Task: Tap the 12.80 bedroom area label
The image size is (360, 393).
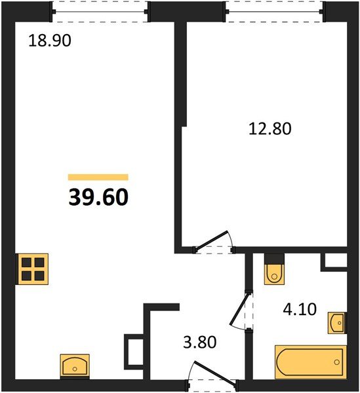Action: [270, 128]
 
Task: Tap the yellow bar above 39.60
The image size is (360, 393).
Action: [98, 177]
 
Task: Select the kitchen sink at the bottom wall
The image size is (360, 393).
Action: [75, 365]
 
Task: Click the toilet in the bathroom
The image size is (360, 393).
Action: [273, 271]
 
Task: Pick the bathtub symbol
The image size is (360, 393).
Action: [308, 362]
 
